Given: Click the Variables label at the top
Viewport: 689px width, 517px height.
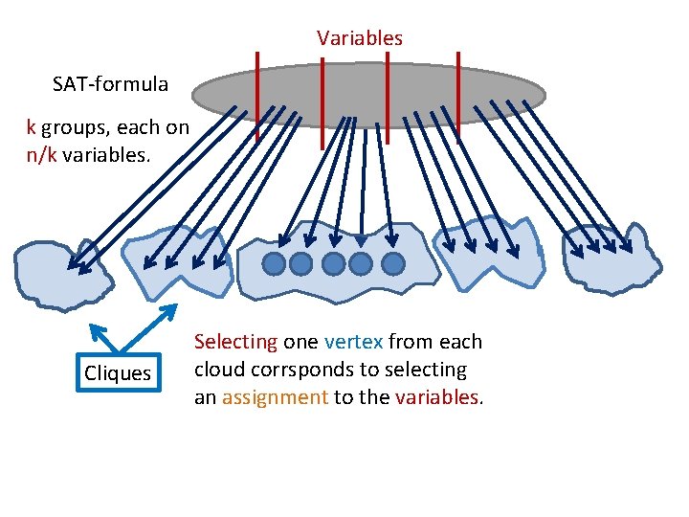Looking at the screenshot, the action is pos(360,38).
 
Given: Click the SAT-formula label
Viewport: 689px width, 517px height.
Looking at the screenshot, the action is pos(110,83).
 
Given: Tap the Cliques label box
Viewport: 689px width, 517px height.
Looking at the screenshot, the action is pos(118,373).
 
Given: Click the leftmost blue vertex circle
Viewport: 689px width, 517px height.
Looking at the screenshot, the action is pos(275,263).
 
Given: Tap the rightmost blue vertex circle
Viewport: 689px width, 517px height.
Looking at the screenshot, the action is pos(392,263).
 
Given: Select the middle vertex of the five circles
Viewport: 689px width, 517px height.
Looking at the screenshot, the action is pos(334,263).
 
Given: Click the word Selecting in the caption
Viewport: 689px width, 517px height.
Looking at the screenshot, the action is pos(235,342).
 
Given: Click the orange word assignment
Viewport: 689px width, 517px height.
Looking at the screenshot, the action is pos(275,397).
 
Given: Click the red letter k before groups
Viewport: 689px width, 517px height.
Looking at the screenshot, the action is pos(32,127).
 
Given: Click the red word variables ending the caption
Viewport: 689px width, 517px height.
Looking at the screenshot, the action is pos(444,397).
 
